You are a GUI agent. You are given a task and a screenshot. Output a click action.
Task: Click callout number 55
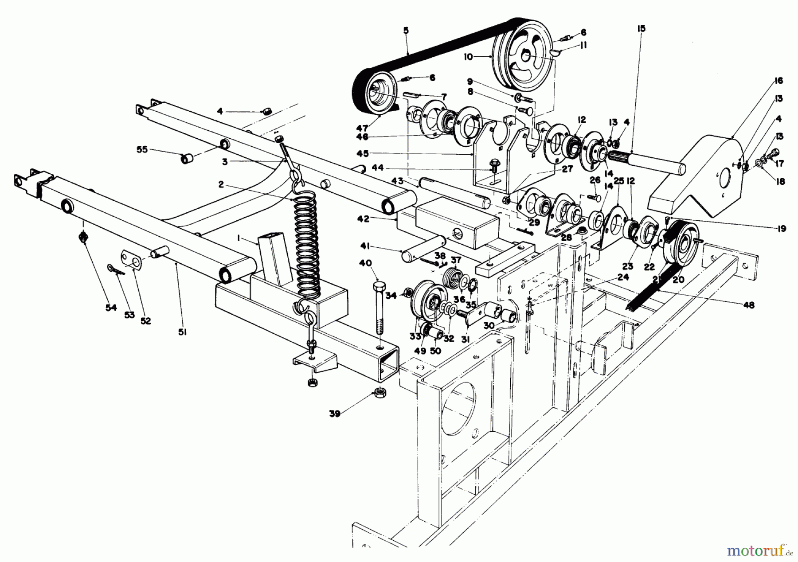pos(143,150)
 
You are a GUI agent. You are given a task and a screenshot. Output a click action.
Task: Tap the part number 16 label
pos(778,81)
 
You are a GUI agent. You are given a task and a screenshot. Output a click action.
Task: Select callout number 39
pos(335,414)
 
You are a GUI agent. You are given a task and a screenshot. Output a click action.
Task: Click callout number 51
pos(182,331)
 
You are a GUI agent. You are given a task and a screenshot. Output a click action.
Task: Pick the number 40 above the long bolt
pos(365,263)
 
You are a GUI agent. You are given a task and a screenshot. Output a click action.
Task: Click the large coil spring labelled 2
pos(306,248)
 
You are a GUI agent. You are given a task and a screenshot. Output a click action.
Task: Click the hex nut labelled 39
pos(379,392)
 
